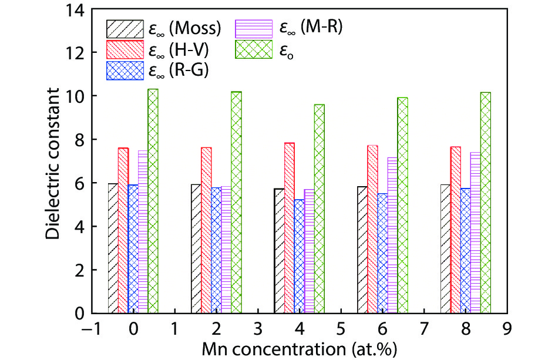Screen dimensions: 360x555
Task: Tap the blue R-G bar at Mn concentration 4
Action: tap(300, 256)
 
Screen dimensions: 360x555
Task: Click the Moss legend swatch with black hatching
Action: tap(124, 28)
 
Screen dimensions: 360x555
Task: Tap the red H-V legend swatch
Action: tap(124, 49)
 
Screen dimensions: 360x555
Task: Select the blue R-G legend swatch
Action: tap(124, 70)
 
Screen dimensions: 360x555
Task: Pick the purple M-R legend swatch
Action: tap(254, 28)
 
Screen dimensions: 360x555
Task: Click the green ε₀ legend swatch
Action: tap(254, 49)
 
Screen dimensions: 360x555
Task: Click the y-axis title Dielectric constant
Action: tap(54, 162)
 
